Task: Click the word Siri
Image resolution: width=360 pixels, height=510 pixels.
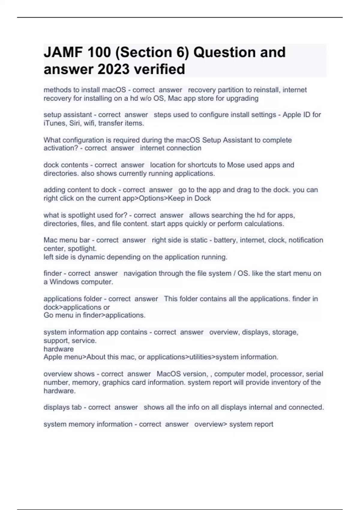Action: (x=74, y=123)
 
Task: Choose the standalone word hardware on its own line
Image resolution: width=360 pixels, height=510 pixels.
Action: (x=58, y=349)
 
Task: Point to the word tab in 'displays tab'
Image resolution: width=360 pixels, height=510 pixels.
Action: (x=76, y=407)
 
